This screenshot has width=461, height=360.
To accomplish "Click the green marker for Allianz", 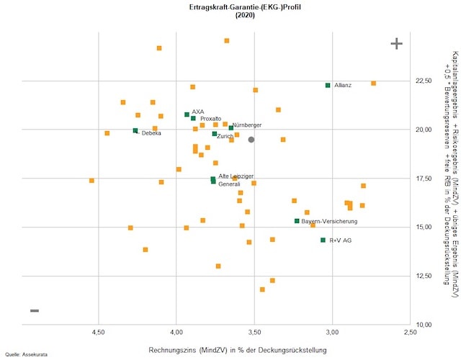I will point(328,85).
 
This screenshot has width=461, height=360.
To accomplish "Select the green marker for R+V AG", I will point(323,240).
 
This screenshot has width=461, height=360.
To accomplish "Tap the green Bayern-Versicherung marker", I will point(297,221).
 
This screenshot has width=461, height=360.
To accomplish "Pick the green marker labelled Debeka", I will point(135,130).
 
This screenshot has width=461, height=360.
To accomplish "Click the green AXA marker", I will point(187,114).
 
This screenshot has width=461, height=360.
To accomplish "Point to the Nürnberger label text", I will point(247,125).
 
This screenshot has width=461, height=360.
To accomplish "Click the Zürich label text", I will point(225,136).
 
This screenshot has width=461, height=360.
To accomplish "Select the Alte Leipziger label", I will point(236,176).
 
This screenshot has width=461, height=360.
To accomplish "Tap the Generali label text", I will point(229,184).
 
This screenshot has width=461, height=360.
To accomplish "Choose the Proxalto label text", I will point(210,119).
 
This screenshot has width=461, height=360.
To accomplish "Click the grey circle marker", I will point(251,140).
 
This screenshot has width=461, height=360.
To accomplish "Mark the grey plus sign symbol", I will point(396,44).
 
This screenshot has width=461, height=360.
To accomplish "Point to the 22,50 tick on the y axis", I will point(423,81).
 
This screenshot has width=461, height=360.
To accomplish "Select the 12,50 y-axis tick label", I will point(423,276).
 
